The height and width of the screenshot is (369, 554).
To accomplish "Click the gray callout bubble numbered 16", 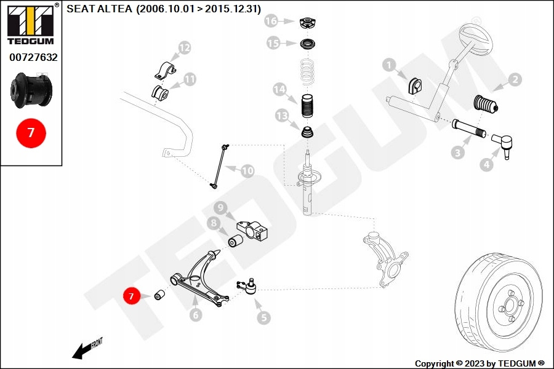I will [272, 21].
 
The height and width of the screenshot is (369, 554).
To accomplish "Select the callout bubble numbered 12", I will [184, 47].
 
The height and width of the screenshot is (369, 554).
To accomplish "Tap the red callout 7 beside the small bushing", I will [131, 296].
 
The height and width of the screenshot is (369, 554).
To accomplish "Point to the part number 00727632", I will [33, 57].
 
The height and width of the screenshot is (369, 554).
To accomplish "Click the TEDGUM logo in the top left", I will [30, 25].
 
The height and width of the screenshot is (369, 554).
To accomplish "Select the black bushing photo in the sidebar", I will [32, 90].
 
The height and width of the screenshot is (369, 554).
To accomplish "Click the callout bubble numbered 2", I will [514, 79].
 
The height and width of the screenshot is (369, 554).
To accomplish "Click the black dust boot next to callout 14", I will [306, 108].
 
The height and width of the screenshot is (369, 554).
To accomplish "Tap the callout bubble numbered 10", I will [247, 171].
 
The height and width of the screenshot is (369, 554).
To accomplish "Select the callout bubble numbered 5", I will [263, 317].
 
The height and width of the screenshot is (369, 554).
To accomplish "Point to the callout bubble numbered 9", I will [220, 208].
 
